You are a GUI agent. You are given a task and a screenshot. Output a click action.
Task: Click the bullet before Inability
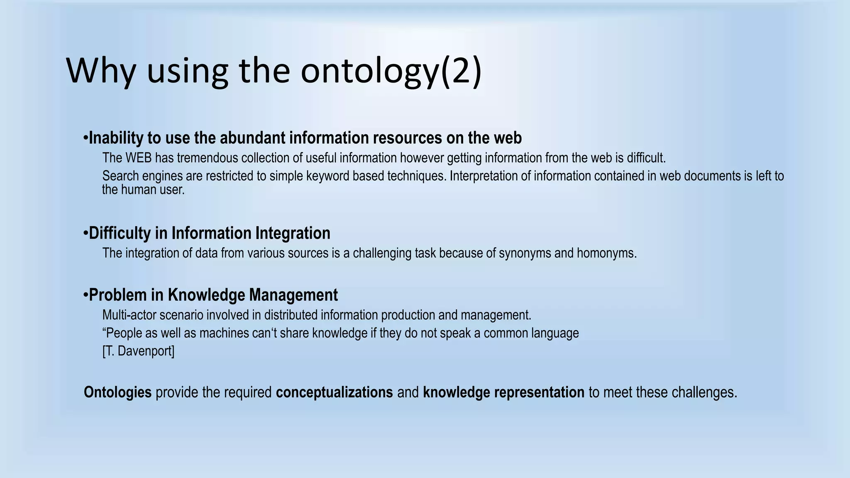[x=85, y=137]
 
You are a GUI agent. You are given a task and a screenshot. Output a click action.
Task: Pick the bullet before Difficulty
[x=85, y=233]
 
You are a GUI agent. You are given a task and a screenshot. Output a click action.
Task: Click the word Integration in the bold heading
[x=293, y=233]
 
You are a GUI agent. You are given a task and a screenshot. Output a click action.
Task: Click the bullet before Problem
[x=85, y=295]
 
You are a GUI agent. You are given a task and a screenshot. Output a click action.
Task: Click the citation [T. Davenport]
[x=138, y=351]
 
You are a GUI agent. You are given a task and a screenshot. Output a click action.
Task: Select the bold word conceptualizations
[x=334, y=393]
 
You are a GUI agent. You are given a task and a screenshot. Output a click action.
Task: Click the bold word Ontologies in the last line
[x=117, y=393]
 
